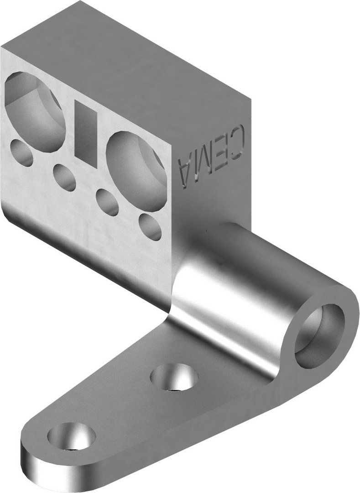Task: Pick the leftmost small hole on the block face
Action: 21,153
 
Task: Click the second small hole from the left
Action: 64,178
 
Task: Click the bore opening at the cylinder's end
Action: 319,335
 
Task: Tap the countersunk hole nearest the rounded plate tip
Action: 71,436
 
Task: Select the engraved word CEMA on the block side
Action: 212,155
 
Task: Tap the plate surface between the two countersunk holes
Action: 123,406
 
